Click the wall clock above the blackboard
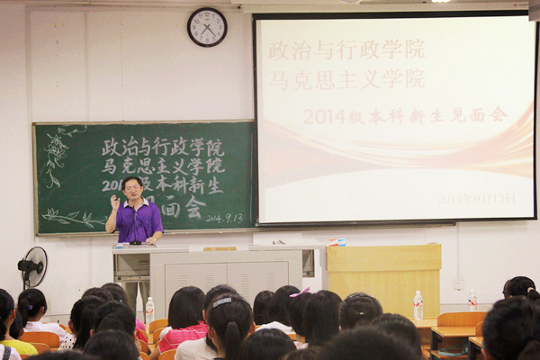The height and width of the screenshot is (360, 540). click(207, 27)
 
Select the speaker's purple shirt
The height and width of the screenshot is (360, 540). click(139, 221)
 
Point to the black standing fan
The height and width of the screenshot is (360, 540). click(32, 267)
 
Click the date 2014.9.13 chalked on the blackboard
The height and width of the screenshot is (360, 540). click(225, 218)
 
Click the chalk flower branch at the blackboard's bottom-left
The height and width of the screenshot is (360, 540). click(71, 217)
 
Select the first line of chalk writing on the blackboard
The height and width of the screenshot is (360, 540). click(162, 146)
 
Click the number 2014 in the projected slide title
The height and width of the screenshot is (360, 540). click(324, 116)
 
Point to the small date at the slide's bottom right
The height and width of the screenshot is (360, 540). click(477, 198)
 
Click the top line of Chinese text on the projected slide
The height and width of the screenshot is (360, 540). click(346, 49)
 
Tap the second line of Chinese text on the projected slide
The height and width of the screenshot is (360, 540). click(346, 78)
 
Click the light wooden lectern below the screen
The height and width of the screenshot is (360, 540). click(383, 278)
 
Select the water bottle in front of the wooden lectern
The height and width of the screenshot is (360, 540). click(418, 304)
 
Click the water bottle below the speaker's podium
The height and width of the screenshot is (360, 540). click(149, 310)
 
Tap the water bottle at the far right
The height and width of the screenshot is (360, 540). click(472, 301)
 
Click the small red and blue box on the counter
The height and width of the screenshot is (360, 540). click(337, 242)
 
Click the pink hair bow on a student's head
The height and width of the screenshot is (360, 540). click(301, 292)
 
